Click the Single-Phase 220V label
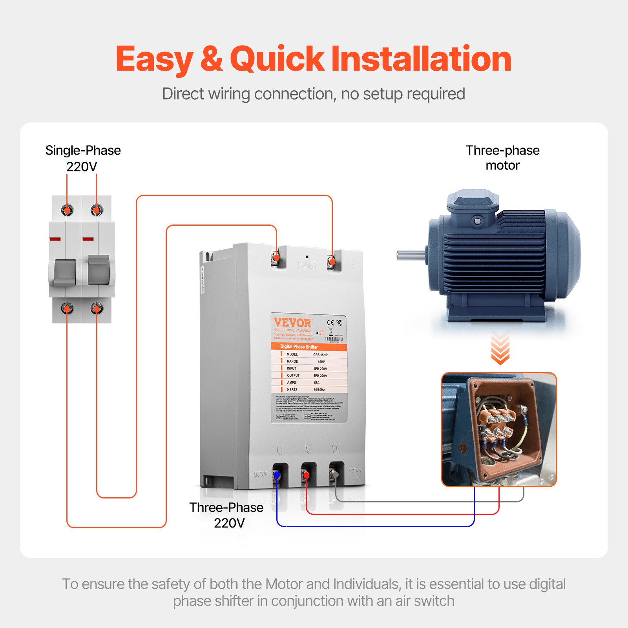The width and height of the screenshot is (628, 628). pos(82,158)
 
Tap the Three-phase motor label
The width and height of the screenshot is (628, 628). pos(502,157)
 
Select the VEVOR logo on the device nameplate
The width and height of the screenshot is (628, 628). pos(293,323)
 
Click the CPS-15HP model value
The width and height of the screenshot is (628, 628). pos(320,354)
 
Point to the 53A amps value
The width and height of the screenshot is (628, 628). pos(316,383)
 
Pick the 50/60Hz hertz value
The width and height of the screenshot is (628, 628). pos(319,390)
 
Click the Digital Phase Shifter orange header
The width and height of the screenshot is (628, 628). pos(299,347)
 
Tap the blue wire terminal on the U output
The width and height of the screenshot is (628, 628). pos(277,476)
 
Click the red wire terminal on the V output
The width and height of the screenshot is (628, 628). pos(306,476)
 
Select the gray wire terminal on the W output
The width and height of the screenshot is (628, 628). pos(335,475)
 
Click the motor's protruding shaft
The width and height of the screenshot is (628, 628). pos(411,255)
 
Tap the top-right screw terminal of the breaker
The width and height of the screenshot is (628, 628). pos(96,210)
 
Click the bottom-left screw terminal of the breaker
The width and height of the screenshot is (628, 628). pos(67,309)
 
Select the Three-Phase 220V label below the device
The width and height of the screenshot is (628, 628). pos(226,515)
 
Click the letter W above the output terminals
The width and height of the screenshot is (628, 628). pos(336,449)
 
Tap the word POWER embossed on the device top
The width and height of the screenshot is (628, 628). pos(307,265)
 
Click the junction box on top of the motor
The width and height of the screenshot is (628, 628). pos(473,208)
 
